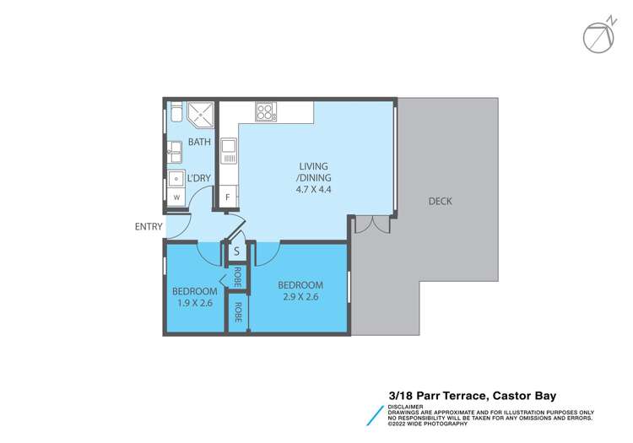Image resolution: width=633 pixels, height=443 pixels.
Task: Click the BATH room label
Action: point(199,143)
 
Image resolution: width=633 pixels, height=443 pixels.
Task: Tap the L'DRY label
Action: point(198,179)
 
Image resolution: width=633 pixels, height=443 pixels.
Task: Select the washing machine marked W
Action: point(176,197)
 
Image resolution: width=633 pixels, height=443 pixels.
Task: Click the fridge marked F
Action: point(227,197)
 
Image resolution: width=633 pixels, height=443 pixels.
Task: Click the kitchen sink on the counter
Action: point(228,152)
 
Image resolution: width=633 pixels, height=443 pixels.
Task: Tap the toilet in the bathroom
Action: point(173,114)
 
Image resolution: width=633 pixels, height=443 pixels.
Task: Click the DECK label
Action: point(441,201)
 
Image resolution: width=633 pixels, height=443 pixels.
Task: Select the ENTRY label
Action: point(149,227)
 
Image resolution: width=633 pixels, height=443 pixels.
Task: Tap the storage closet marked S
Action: point(236,251)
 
